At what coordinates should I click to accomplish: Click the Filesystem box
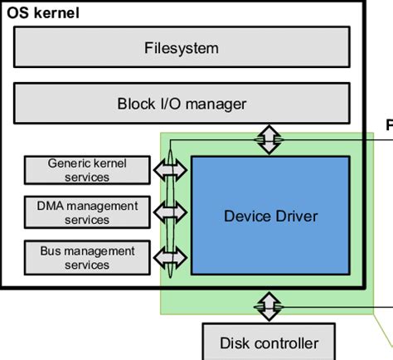coord(181,47)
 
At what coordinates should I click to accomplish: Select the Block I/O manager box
coord(181,104)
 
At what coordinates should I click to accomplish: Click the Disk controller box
coord(268,342)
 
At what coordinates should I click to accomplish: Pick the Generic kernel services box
coord(87,170)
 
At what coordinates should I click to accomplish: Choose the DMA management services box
coord(87,212)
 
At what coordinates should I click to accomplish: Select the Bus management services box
coord(87,257)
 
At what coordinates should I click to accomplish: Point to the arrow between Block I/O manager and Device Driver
coord(268,139)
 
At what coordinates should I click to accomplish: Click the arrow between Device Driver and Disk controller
coord(268,305)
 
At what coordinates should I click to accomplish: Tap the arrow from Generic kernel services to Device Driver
coord(171,169)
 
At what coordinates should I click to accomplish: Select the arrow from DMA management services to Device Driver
coord(171,212)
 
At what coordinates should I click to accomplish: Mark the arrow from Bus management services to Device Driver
coord(171,257)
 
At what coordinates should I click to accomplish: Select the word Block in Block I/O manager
coord(135,104)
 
